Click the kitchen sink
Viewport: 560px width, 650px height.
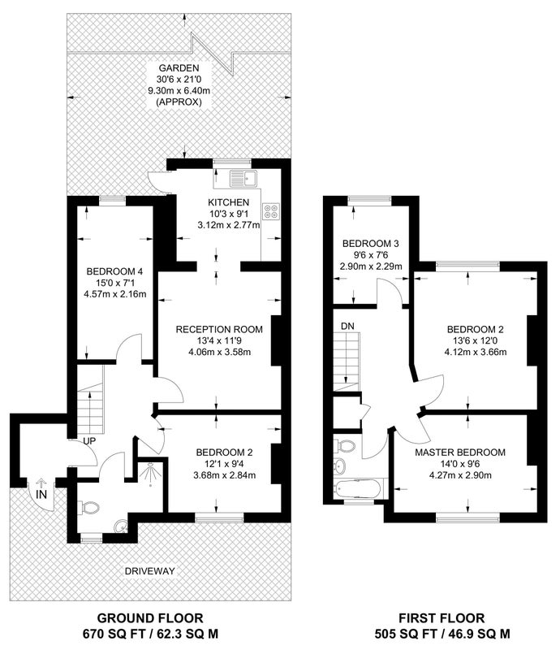(x=243, y=178)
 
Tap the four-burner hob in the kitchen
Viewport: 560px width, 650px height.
(x=271, y=210)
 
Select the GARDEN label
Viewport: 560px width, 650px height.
(x=179, y=68)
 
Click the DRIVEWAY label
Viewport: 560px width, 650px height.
(x=150, y=571)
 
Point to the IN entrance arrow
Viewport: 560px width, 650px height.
(x=41, y=483)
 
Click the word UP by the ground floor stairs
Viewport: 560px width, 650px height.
(x=89, y=441)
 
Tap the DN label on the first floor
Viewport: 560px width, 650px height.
(x=347, y=327)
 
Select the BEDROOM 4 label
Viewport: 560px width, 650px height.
(x=114, y=271)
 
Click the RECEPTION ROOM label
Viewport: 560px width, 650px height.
(x=219, y=330)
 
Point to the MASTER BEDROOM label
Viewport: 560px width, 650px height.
(x=460, y=453)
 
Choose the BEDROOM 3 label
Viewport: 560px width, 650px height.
(x=371, y=243)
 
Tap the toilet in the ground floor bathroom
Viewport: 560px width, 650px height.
(x=90, y=507)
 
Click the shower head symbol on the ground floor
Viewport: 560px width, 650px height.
(x=149, y=472)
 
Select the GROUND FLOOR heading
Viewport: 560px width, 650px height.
(x=150, y=618)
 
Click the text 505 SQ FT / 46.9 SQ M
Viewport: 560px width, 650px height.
(x=442, y=634)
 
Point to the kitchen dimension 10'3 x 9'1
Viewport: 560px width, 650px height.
(x=229, y=214)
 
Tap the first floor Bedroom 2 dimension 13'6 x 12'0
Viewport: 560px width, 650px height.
(x=475, y=340)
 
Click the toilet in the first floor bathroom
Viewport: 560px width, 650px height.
(x=346, y=445)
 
